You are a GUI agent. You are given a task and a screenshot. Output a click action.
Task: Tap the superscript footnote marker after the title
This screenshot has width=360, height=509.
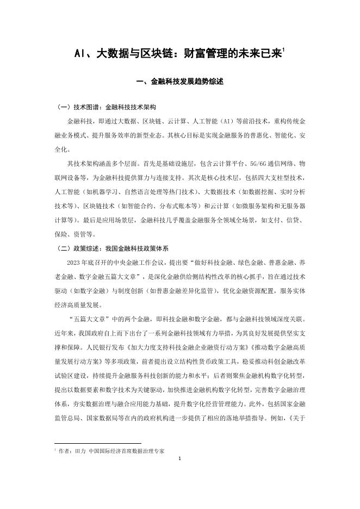click(x=284, y=49)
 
